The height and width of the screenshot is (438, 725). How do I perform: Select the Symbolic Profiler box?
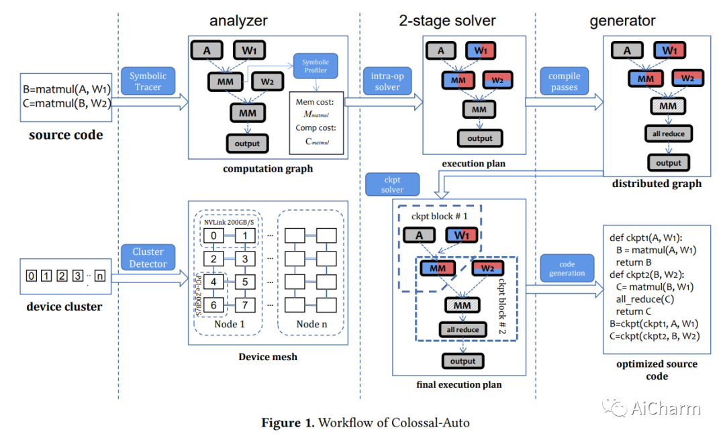(x=316, y=66)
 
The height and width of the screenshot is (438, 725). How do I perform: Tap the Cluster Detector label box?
(x=148, y=258)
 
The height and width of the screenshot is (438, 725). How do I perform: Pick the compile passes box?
(x=564, y=82)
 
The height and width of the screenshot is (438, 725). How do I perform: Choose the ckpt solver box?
(x=392, y=184)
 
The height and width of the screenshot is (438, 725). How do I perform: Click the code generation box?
(x=567, y=268)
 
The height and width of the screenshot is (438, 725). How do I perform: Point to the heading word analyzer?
(x=238, y=21)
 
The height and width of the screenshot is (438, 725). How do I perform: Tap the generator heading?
(x=623, y=21)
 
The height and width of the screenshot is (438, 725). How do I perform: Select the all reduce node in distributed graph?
(x=668, y=133)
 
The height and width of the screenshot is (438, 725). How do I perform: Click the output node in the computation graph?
(x=246, y=143)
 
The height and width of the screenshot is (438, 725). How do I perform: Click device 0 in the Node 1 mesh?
(x=213, y=235)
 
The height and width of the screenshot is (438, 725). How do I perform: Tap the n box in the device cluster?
(x=101, y=275)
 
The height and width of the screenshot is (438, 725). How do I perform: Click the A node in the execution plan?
(x=440, y=50)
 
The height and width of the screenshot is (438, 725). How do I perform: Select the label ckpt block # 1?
(x=438, y=217)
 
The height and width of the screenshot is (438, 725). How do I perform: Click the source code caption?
(x=66, y=135)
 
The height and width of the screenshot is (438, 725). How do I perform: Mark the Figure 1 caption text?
(x=366, y=423)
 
